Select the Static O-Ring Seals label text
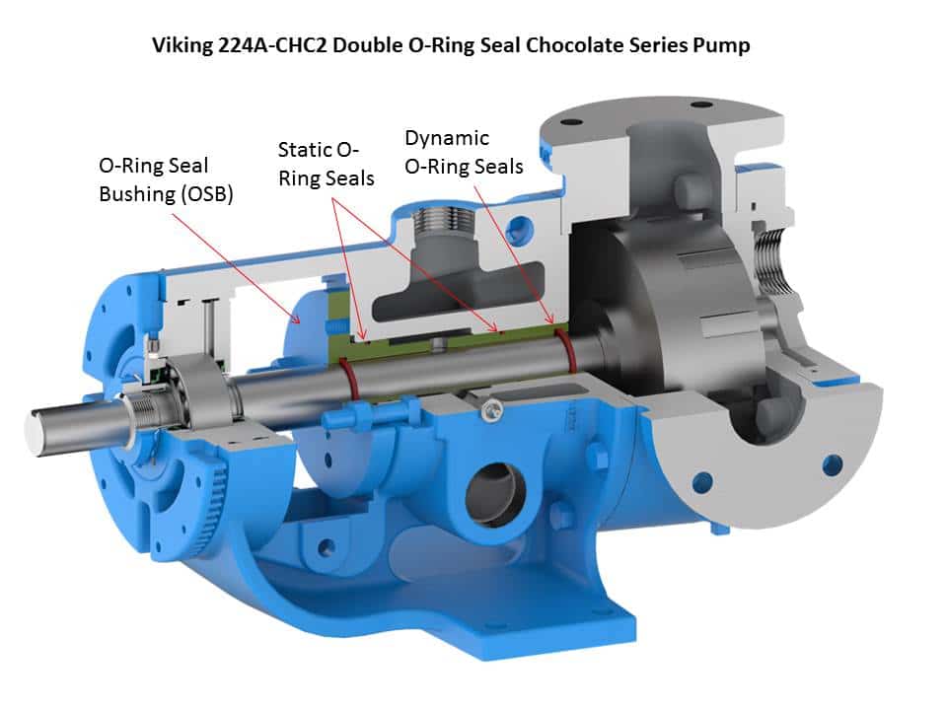coord(326,164)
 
